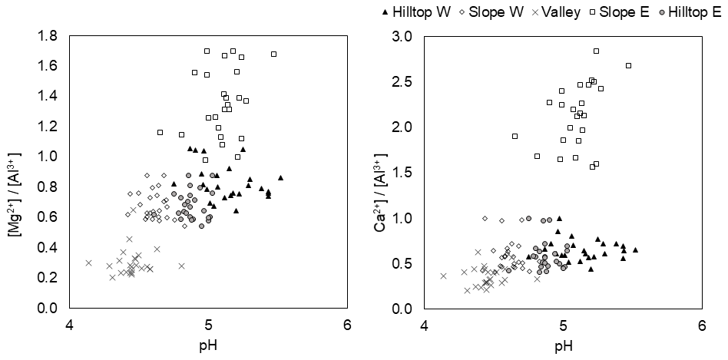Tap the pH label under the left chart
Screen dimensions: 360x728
(208, 345)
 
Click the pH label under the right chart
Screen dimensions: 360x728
(563, 345)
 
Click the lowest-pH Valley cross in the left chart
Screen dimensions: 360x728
(88, 263)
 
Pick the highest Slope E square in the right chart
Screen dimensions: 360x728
(596, 51)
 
